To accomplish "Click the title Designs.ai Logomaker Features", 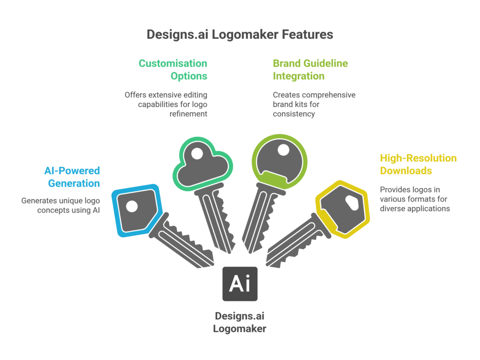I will coord(240,34).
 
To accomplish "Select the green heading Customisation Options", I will coord(172,69).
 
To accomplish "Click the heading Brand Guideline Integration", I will coord(310,69).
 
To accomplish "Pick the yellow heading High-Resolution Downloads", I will coord(418,164).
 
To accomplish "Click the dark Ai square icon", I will coord(240,284).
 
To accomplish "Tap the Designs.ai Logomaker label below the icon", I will coord(240,322).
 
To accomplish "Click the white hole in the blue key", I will coord(132,206).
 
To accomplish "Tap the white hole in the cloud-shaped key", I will coord(197,153).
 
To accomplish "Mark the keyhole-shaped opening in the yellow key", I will coord(351,202).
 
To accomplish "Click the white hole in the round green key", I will coord(283,150).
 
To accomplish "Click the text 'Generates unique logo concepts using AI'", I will coord(61,205).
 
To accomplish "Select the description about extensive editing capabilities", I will coord(166,104).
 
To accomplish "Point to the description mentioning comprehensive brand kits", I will coord(314,104).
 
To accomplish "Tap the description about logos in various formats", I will coord(415,199).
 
